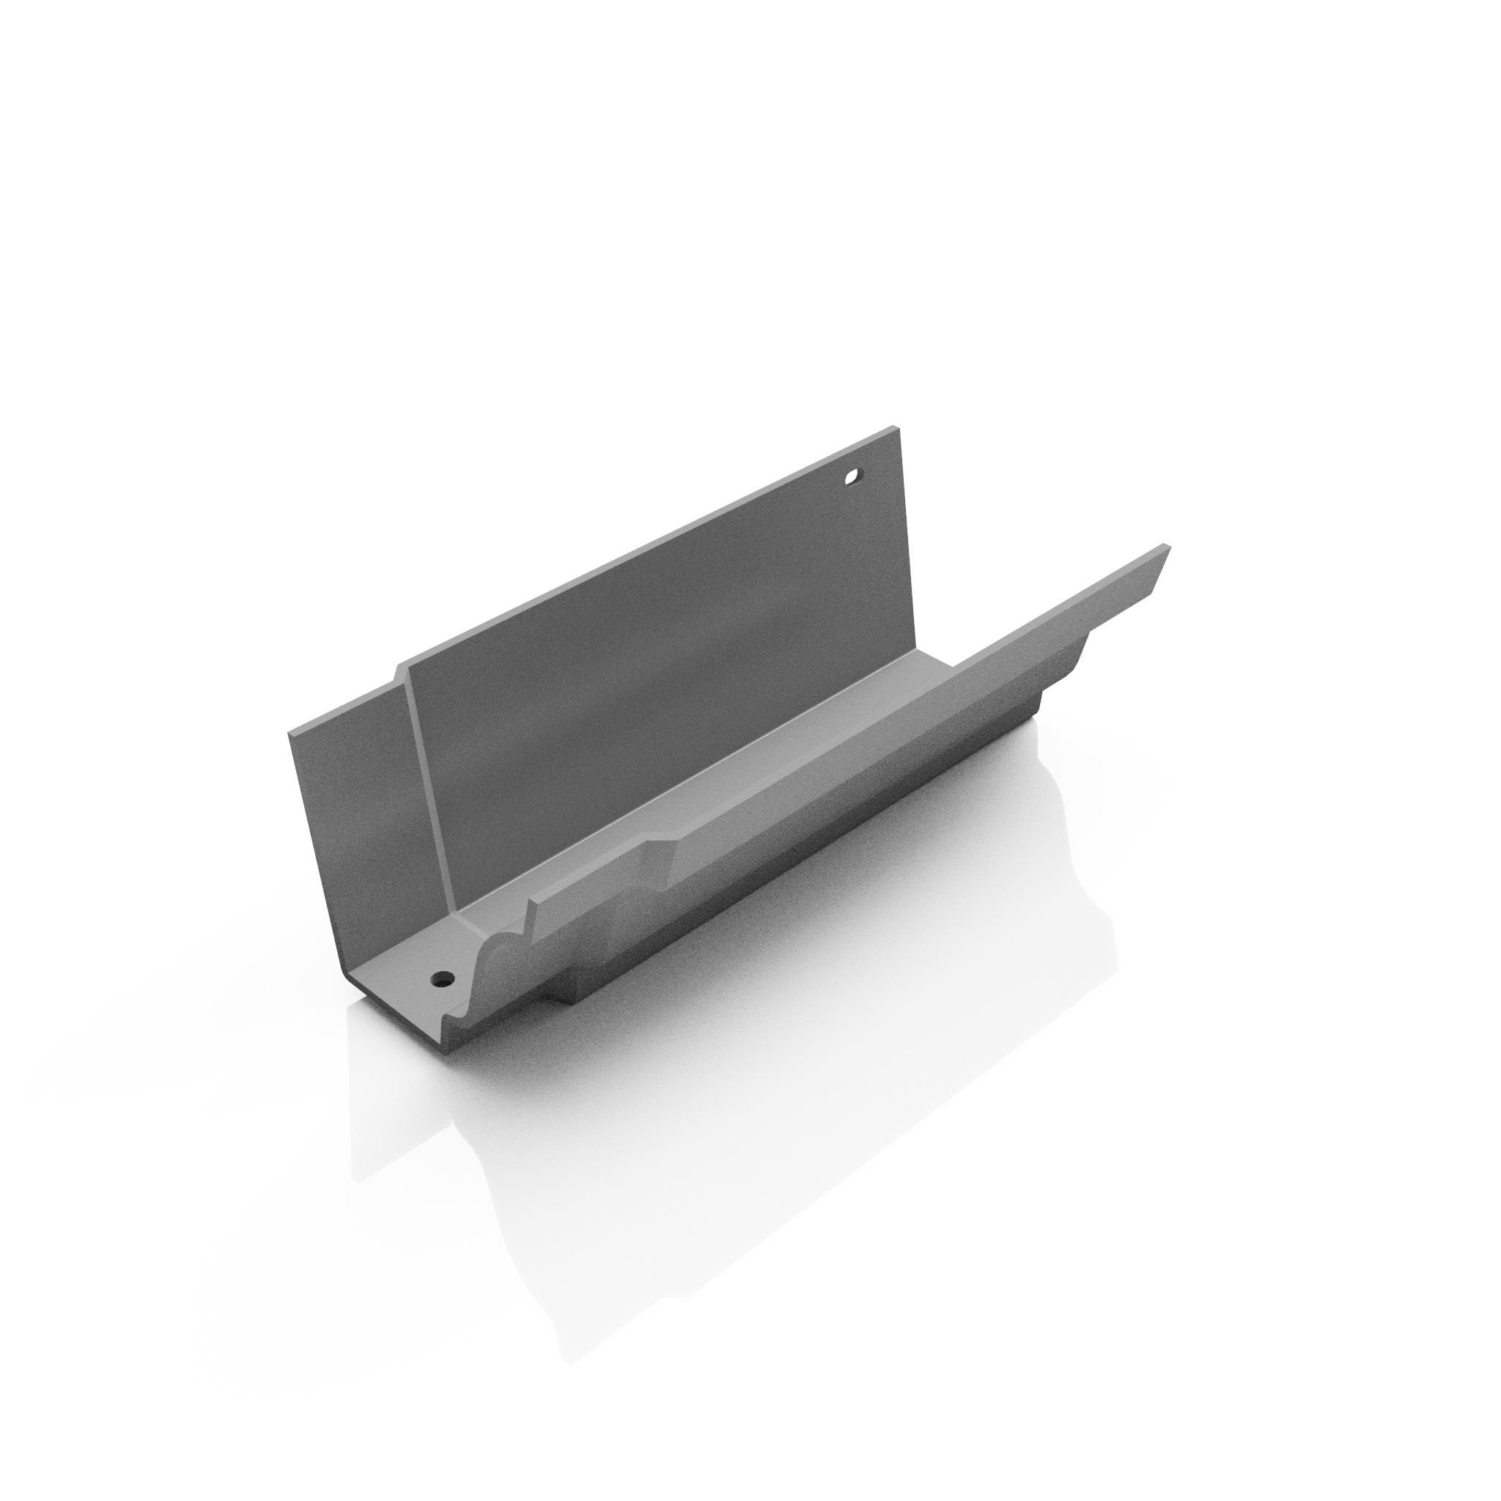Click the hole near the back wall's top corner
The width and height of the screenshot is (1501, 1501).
[x=854, y=476]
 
